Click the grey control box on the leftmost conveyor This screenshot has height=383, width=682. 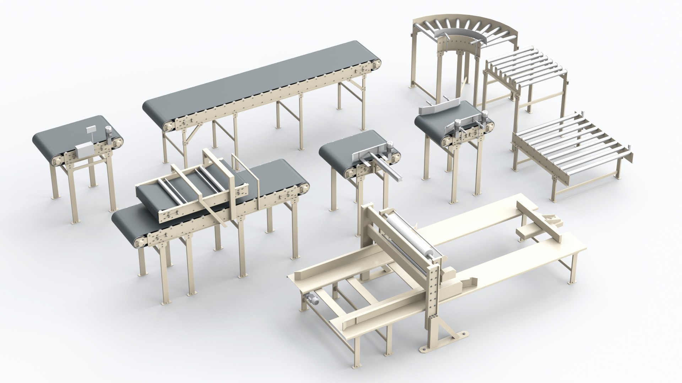click(x=84, y=151)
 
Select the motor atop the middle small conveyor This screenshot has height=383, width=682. click(x=390, y=146)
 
